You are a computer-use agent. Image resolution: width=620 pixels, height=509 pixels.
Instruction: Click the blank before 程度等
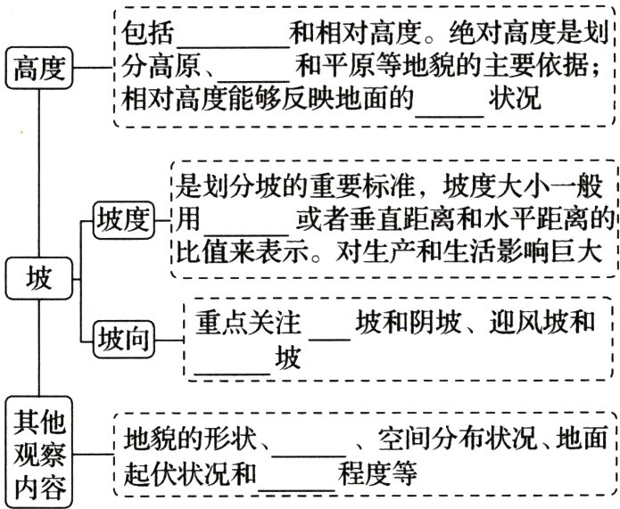[295, 472]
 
